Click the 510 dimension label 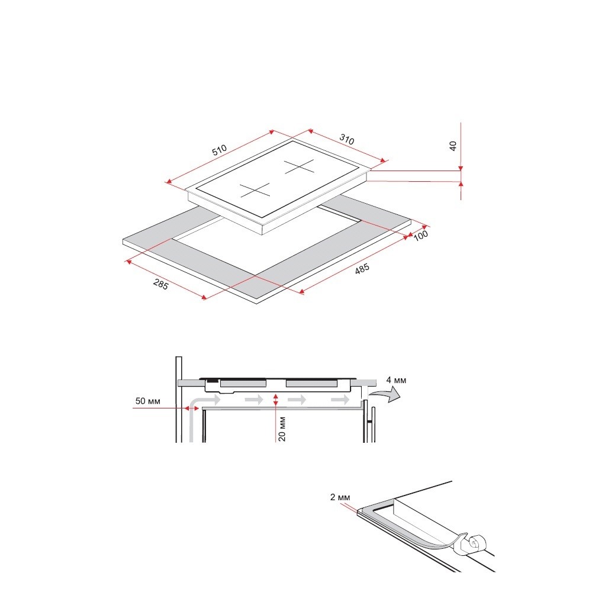point(220,150)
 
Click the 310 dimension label point(346,139)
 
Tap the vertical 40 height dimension point(453,146)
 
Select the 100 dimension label point(420,236)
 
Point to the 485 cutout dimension point(362,269)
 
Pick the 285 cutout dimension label point(160,284)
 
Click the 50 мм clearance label point(147,401)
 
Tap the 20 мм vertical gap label point(282,429)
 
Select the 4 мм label point(396,380)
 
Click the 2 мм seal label point(340,497)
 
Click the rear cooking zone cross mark point(299,166)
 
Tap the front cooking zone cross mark point(255,190)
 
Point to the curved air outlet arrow point(385,395)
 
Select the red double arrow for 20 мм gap point(276,400)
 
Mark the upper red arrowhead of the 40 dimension point(461,169)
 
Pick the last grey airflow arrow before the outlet point(340,400)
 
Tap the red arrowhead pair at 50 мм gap point(192,408)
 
